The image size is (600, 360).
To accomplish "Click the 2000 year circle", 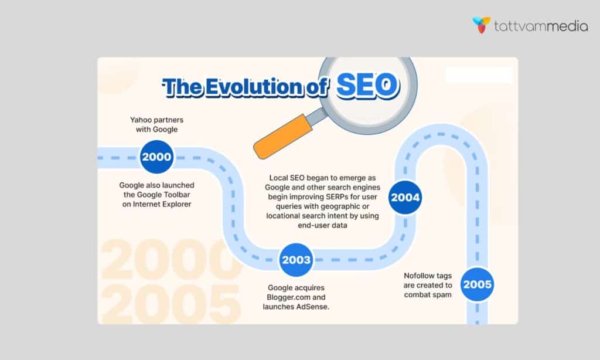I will tap(156, 157).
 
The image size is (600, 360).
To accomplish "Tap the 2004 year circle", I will tap(405, 198).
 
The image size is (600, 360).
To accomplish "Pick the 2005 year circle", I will tap(478, 285).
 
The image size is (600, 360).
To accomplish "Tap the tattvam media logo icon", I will tap(482, 25).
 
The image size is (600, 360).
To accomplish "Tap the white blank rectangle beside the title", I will tap(479, 74).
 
